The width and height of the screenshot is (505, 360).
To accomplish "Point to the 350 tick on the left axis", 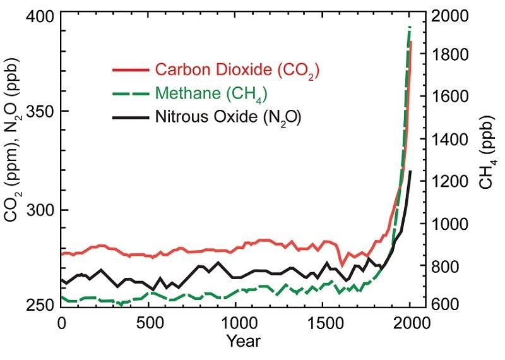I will [42, 112].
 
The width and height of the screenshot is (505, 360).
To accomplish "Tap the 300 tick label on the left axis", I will [42, 210].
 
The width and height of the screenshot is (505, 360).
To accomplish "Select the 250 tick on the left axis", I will [42, 306].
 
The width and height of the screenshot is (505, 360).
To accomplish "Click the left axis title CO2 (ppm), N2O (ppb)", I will [14, 161].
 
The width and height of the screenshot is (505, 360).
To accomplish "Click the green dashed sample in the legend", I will [131, 93].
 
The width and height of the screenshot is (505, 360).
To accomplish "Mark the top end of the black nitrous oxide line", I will [410, 171].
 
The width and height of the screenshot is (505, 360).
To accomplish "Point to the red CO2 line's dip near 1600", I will [342, 263].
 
